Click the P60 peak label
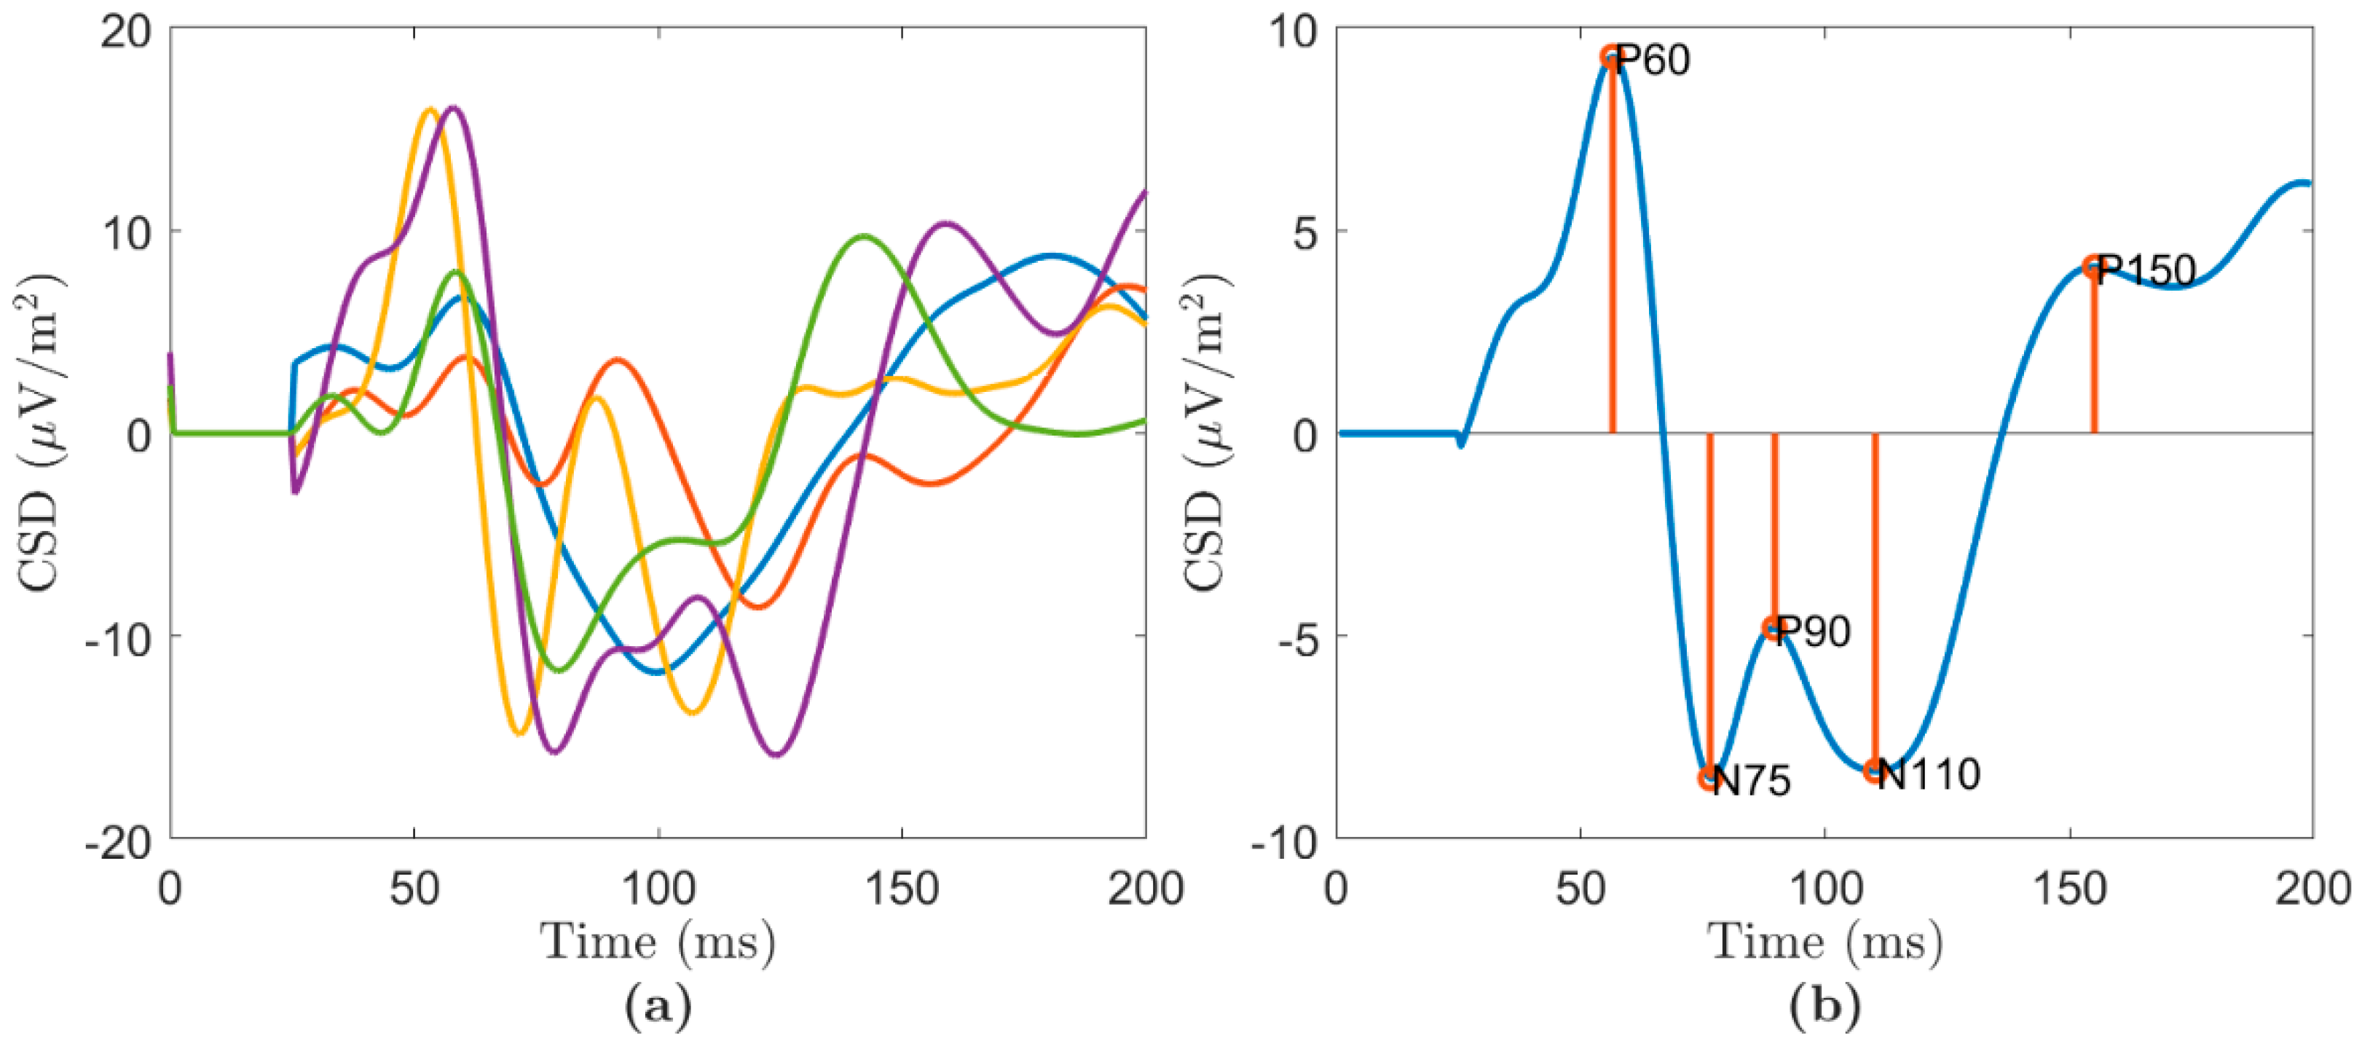coord(1653,60)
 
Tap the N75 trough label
coord(1752,781)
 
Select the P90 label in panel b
coord(1812,632)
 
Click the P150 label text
coord(2146,270)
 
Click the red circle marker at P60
coord(1610,57)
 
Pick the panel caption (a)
coord(658,1007)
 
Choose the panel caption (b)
coord(1824,1007)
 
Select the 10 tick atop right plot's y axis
coord(1293,31)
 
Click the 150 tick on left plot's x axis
coord(902,887)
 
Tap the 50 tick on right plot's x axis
coord(1580,887)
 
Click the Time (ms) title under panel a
coord(658,943)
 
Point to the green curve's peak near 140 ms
coord(863,237)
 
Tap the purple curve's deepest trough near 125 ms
coord(776,755)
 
